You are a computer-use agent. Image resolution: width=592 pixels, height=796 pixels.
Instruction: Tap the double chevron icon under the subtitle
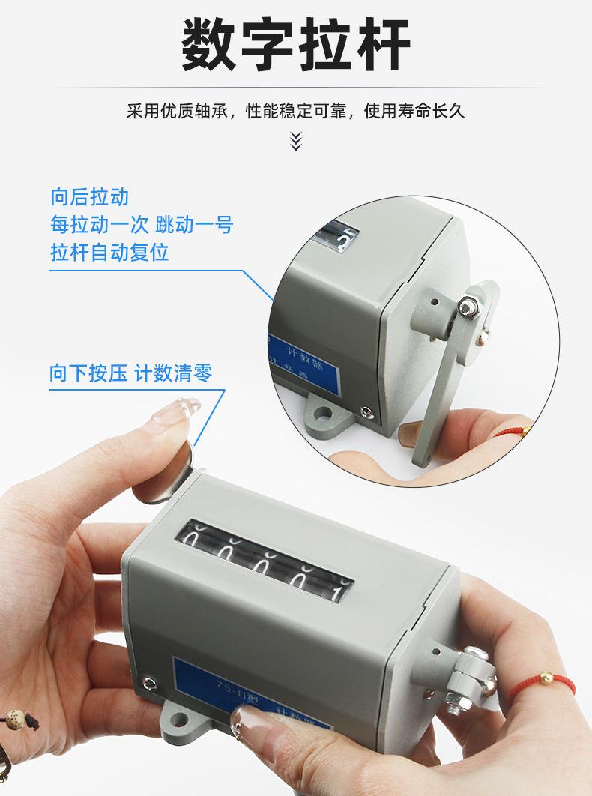[296, 140]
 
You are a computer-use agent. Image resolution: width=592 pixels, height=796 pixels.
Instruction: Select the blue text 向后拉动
[90, 197]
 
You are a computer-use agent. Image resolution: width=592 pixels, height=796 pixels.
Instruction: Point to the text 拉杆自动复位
[109, 251]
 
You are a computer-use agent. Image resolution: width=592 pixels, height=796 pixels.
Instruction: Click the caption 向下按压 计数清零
[136, 373]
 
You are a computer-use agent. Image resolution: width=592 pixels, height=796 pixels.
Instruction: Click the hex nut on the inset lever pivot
[469, 307]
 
